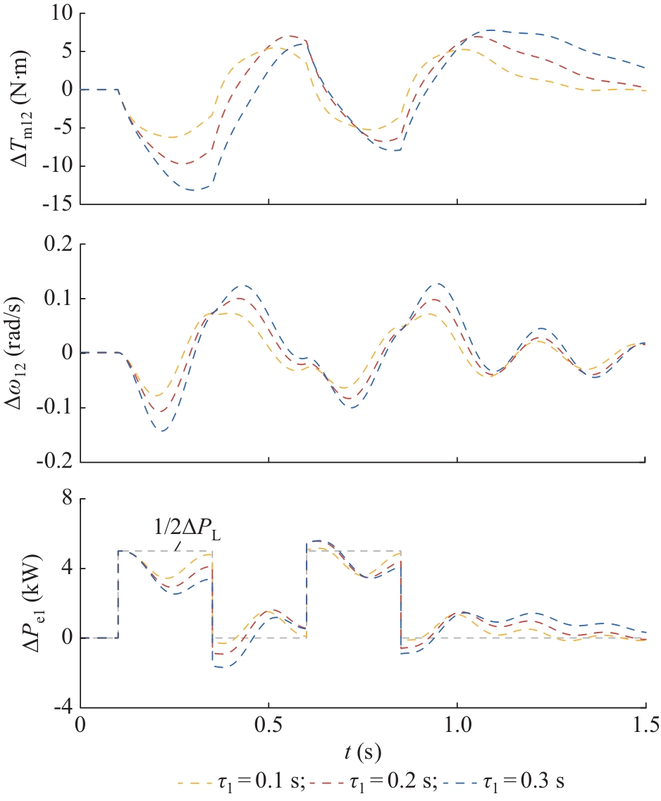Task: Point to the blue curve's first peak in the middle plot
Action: pos(244,285)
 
